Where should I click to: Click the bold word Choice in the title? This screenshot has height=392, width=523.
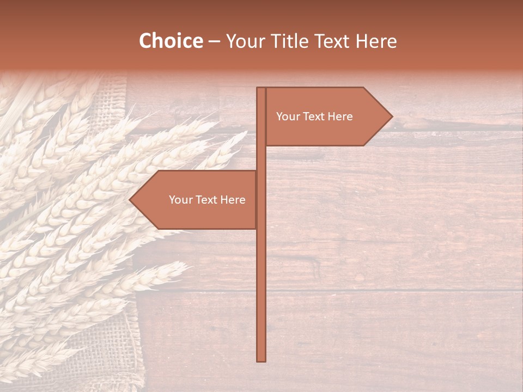(x=170, y=41)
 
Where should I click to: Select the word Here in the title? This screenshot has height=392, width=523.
(x=376, y=41)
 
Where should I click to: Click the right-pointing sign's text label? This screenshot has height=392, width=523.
(x=314, y=117)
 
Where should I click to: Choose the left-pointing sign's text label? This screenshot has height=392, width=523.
(x=207, y=200)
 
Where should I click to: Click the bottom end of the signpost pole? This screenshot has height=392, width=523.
(x=261, y=359)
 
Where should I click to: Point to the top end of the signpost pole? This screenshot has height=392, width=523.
(x=261, y=89)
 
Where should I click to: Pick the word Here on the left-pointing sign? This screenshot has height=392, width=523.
(x=233, y=200)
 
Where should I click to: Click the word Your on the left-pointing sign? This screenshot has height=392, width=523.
(x=180, y=200)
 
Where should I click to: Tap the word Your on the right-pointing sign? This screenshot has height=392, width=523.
(x=287, y=117)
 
